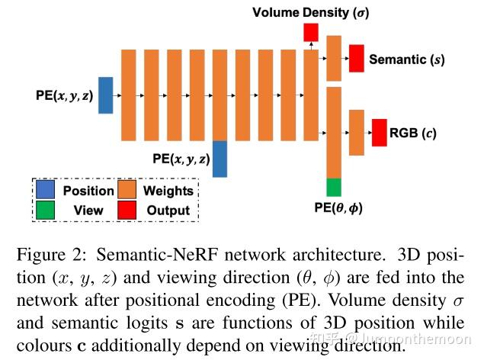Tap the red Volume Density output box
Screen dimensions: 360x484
click(310, 32)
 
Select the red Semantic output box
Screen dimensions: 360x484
click(356, 59)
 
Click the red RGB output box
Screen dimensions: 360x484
click(379, 133)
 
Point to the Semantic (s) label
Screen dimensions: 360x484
click(406, 59)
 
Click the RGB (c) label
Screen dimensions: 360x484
click(412, 133)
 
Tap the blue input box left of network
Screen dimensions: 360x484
click(105, 95)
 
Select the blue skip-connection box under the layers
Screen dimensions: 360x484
click(220, 159)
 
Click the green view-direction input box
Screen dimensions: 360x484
click(333, 187)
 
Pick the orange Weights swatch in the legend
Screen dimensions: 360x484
click(129, 191)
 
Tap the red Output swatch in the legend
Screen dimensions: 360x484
click(129, 210)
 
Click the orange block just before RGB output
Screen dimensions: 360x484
click(356, 133)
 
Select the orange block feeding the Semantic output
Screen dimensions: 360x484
click(333, 58)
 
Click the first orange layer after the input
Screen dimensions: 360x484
click(129, 95)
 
